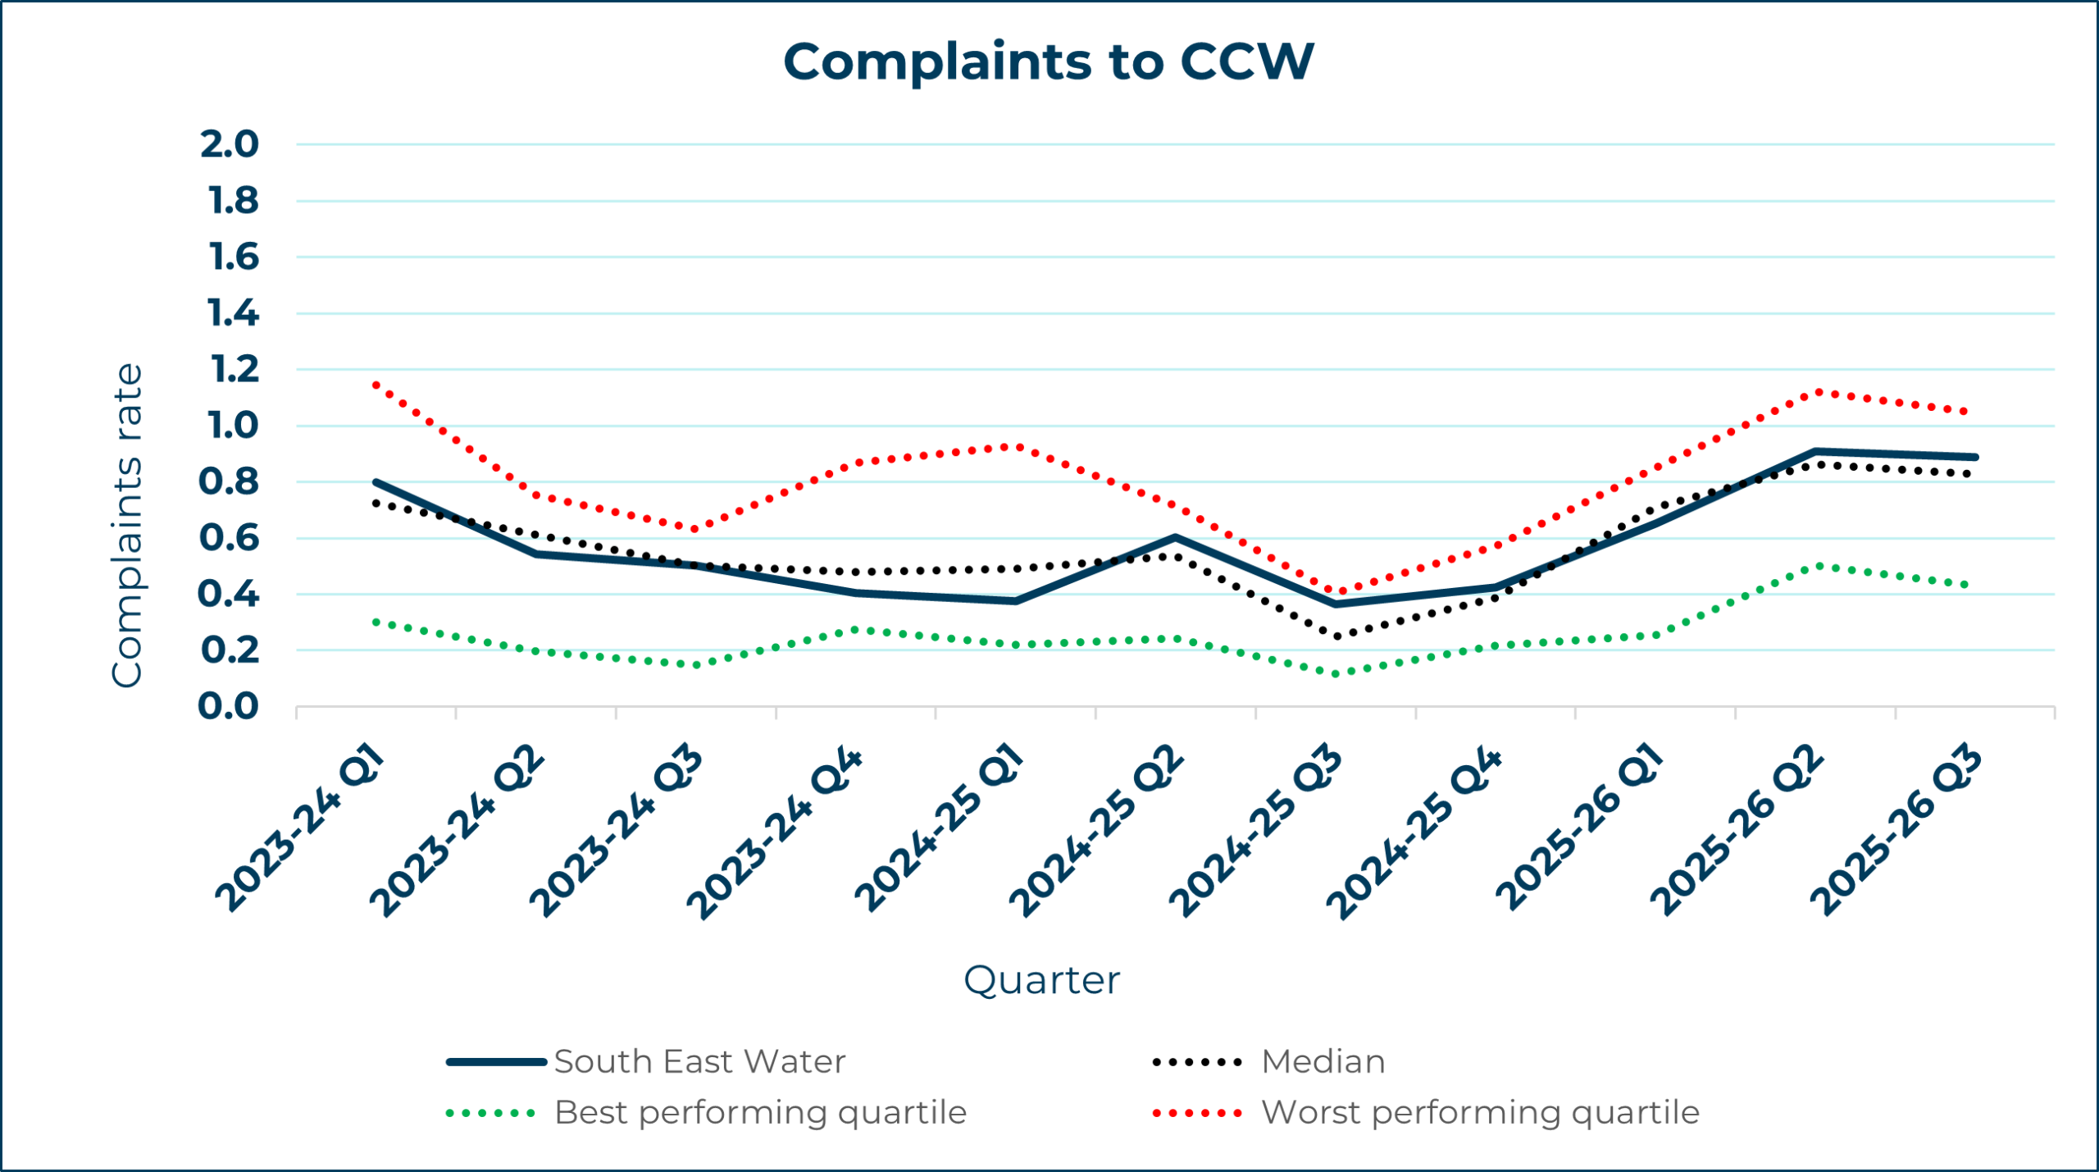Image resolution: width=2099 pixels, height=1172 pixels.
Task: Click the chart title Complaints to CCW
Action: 1048,62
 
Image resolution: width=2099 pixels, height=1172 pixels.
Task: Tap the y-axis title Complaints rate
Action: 127,525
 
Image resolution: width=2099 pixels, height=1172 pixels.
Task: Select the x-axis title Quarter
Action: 1041,980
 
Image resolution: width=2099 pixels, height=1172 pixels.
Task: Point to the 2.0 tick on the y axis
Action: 230,144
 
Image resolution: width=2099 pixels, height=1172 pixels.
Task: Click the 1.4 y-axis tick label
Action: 233,313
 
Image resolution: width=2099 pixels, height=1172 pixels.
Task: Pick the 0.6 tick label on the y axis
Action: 229,538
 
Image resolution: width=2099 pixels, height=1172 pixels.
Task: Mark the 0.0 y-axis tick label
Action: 229,706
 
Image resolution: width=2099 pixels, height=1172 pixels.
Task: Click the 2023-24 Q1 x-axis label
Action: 299,828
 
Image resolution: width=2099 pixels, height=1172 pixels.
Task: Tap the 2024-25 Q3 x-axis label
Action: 1254,832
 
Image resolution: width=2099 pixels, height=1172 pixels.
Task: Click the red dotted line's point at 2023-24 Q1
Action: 376,384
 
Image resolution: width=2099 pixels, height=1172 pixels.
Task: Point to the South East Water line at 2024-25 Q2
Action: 1176,538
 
